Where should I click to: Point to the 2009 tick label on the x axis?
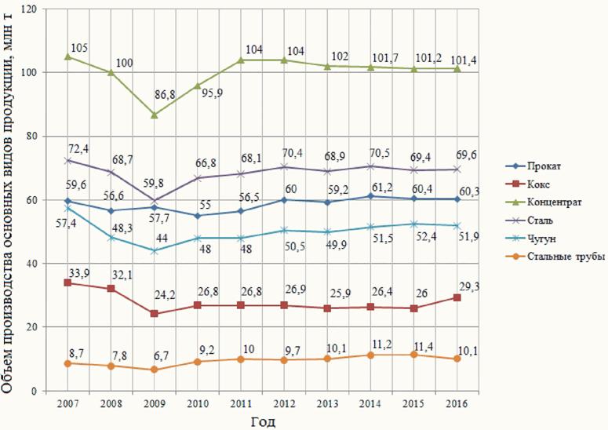tap(155, 403)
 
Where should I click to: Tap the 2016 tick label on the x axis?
tap(457, 403)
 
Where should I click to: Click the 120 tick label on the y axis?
tap(30, 9)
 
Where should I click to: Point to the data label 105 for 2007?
tap(80, 48)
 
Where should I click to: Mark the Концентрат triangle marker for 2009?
tap(155, 115)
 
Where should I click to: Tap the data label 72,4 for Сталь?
tap(81, 148)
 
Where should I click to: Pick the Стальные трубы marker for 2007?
tap(67, 363)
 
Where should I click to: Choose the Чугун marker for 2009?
tap(155, 251)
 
